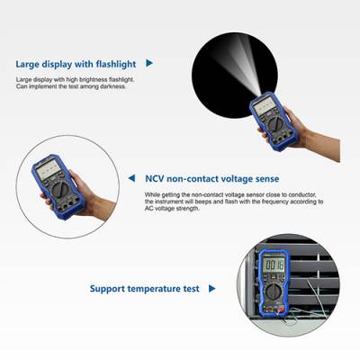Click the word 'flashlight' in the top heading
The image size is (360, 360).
click(114, 64)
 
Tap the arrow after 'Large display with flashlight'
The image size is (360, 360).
click(149, 64)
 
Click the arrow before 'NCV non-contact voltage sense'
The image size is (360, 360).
click(134, 178)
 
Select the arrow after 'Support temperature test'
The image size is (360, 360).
click(211, 289)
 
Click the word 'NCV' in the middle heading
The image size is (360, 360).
click(156, 178)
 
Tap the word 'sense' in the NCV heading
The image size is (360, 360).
click(261, 178)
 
